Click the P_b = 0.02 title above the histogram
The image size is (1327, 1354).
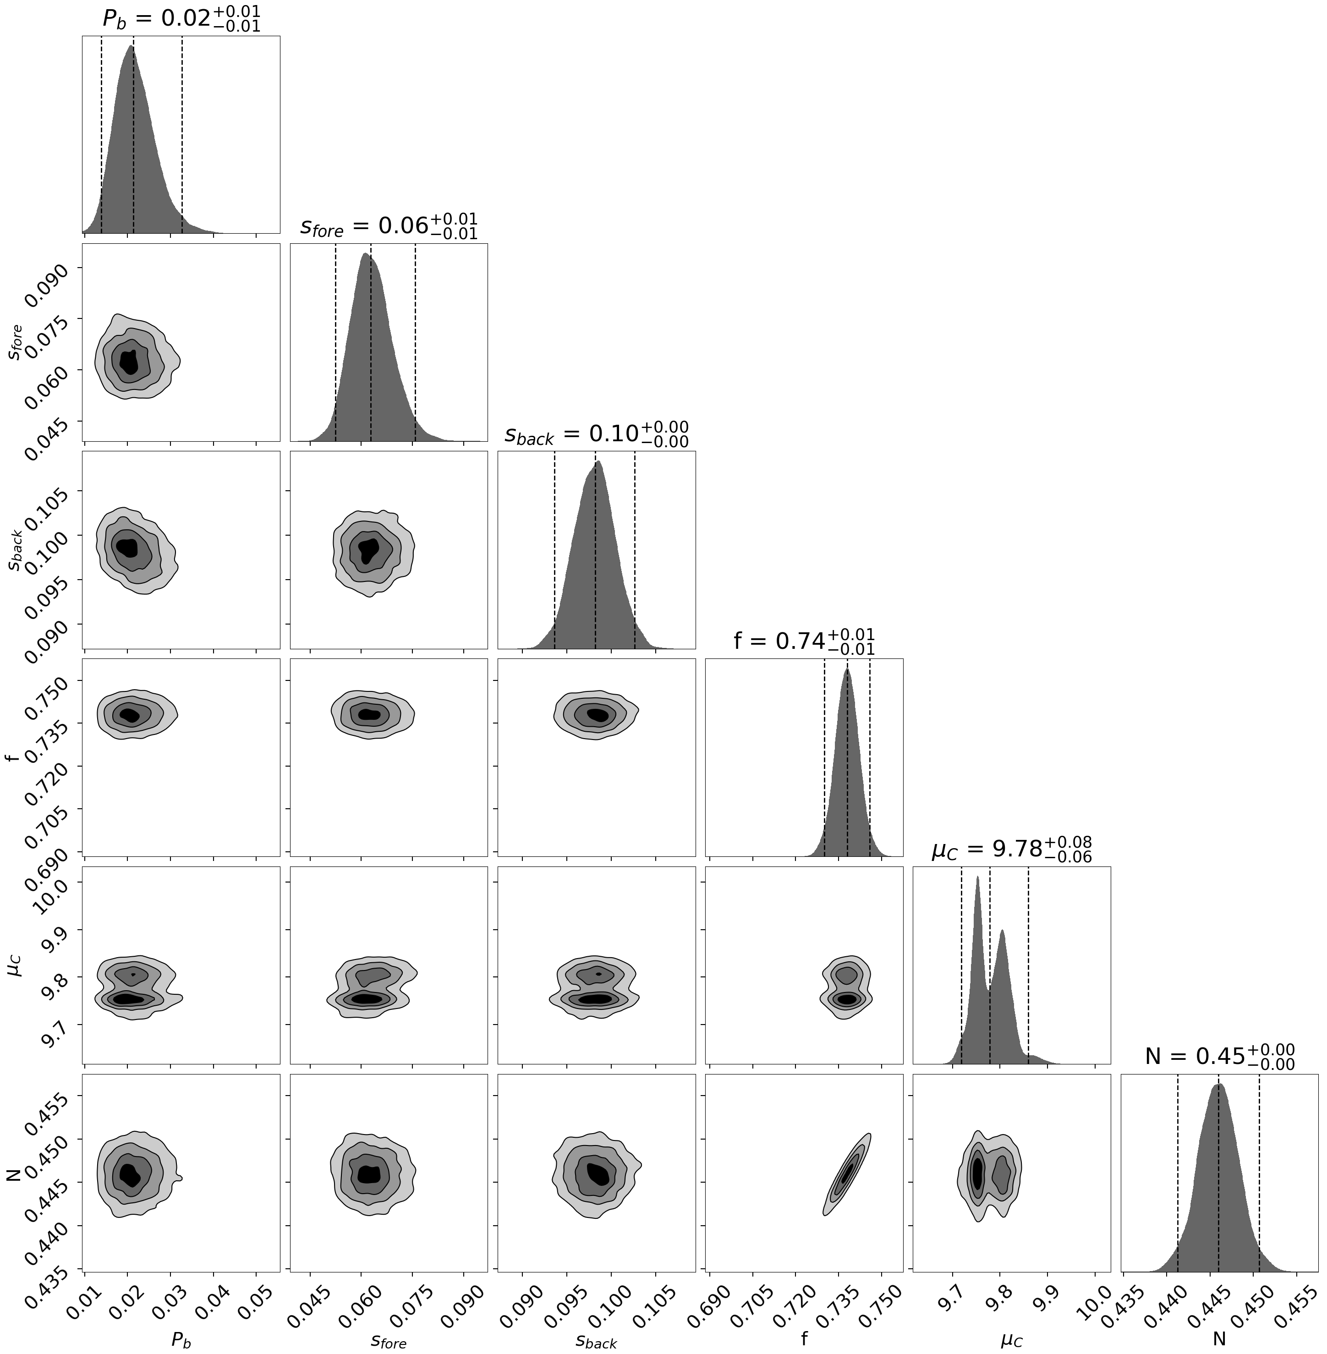click(181, 18)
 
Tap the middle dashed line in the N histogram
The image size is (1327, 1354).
click(1218, 1178)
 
